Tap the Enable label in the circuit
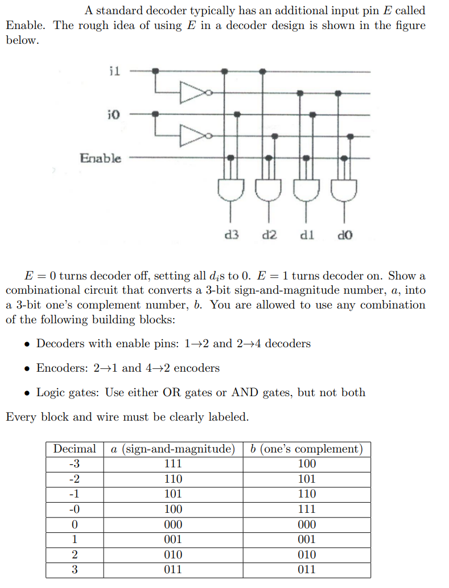click(x=101, y=158)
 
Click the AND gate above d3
click(x=230, y=189)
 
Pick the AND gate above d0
click(x=344, y=189)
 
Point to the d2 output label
click(x=269, y=234)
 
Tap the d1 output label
click(x=307, y=234)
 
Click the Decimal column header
click(x=75, y=449)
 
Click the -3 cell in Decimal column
click(x=75, y=463)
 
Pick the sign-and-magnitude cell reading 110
click(x=173, y=479)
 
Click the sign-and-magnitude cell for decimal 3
click(x=173, y=570)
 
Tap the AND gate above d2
click(x=268, y=189)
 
